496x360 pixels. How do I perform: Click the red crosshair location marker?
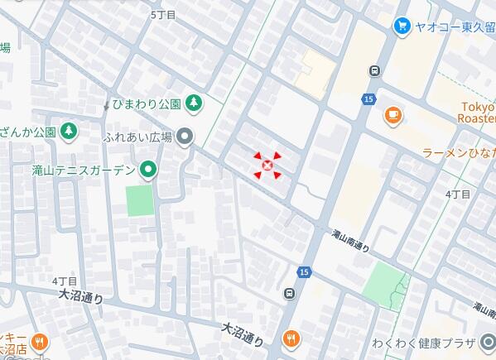[267, 166]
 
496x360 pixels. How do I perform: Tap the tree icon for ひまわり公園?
[193, 103]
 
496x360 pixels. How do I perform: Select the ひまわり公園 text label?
[147, 104]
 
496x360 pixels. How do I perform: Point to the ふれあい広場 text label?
[137, 137]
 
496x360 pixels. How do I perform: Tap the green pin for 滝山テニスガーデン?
[149, 170]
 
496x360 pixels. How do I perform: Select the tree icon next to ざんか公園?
[69, 131]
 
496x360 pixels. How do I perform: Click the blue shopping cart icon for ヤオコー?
[402, 26]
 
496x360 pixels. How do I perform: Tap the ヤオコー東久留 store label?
[455, 26]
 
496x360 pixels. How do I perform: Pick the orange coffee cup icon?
[392, 115]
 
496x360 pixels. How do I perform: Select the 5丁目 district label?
[165, 15]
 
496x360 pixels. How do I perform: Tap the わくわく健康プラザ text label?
[423, 343]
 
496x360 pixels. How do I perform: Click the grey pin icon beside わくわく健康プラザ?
[488, 343]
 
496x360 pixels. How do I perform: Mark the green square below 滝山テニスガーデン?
[140, 200]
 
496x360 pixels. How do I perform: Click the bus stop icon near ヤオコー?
[375, 71]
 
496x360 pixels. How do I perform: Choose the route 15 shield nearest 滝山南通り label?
[305, 271]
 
